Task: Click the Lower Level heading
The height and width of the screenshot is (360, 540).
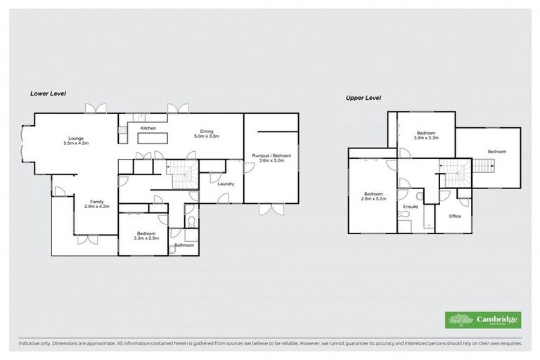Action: click(48, 93)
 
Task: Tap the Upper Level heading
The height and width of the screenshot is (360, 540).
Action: click(363, 98)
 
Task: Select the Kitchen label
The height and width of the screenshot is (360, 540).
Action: click(148, 128)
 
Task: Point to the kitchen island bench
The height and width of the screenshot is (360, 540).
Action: click(155, 138)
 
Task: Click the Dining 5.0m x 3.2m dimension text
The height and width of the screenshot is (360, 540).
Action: click(207, 136)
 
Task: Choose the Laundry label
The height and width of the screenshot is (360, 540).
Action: click(226, 184)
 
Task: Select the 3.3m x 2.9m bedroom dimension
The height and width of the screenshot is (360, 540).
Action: click(146, 238)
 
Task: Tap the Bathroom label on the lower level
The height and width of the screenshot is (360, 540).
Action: click(184, 245)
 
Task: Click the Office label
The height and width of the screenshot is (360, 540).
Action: click(455, 216)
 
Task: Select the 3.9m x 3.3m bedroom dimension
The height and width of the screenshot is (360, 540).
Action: click(427, 138)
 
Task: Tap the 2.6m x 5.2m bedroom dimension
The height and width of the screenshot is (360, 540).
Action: click(373, 199)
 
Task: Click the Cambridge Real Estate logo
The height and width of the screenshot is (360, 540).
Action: click(482, 320)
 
